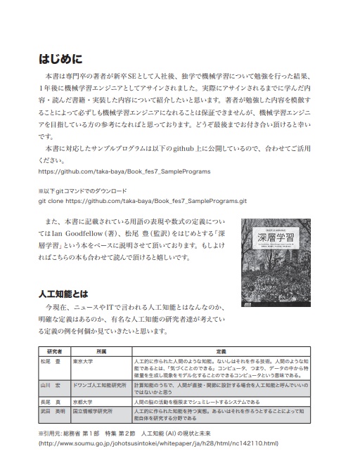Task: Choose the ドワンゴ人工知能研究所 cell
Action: (100, 386)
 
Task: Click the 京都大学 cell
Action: (87, 401)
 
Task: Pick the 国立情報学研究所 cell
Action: (97, 410)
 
